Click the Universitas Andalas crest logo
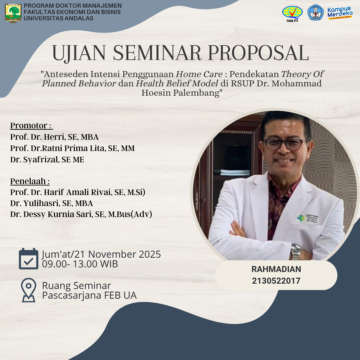coord(13,13)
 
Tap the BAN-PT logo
coord(292,14)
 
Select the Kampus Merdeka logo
coord(340,13)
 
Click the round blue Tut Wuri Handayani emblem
coord(315,13)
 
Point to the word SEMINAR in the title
coord(157,53)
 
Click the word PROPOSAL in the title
coord(258,53)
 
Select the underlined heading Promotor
coord(31,126)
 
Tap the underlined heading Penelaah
coord(30,181)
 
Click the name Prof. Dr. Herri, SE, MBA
coord(54,137)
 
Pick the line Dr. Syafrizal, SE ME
coord(47,160)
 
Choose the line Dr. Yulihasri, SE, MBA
coord(52,203)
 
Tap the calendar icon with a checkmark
coord(28,259)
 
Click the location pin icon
coord(28,290)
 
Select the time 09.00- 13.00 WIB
coord(80,264)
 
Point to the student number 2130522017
coord(276,281)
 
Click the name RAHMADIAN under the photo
coord(276,269)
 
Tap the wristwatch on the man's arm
coord(296,252)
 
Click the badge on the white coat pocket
coord(307,219)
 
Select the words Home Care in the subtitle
coord(199,74)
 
